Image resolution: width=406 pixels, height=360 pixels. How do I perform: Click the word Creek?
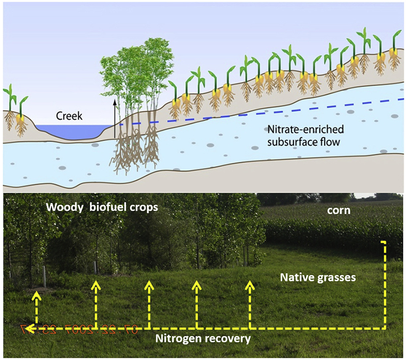[69, 116]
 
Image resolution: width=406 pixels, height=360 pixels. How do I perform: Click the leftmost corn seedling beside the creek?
[10, 106]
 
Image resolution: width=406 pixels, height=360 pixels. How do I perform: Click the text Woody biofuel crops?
[102, 207]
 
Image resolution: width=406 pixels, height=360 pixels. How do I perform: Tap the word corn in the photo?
[339, 210]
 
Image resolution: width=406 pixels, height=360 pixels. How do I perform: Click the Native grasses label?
[318, 277]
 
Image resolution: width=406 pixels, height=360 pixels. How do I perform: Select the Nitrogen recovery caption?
[203, 339]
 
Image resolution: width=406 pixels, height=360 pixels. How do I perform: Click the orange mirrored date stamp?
[80, 329]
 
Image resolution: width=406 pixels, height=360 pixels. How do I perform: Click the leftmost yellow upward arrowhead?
[36, 295]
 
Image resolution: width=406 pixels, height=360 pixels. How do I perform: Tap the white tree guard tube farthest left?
[44, 275]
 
